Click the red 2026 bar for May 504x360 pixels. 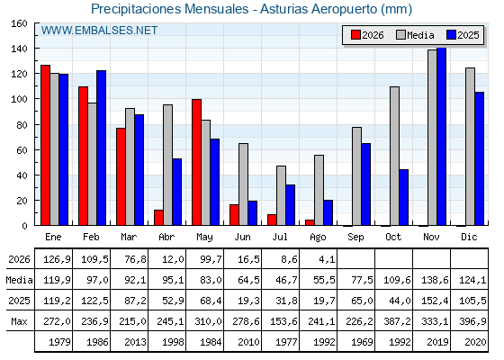[196, 162]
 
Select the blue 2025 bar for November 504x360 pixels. [441, 136]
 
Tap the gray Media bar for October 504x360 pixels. [394, 156]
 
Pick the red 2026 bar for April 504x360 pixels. [158, 218]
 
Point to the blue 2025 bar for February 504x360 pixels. [101, 148]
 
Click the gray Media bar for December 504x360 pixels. [470, 147]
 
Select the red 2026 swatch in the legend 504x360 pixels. [355, 35]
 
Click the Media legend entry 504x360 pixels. [415, 35]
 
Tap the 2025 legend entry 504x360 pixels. [463, 35]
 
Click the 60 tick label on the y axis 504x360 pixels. [22, 150]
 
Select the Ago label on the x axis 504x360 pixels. [318, 238]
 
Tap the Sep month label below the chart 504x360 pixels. [355, 237]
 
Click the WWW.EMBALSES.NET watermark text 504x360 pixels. [99, 31]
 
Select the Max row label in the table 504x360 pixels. [19, 321]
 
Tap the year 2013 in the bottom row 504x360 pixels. [135, 342]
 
